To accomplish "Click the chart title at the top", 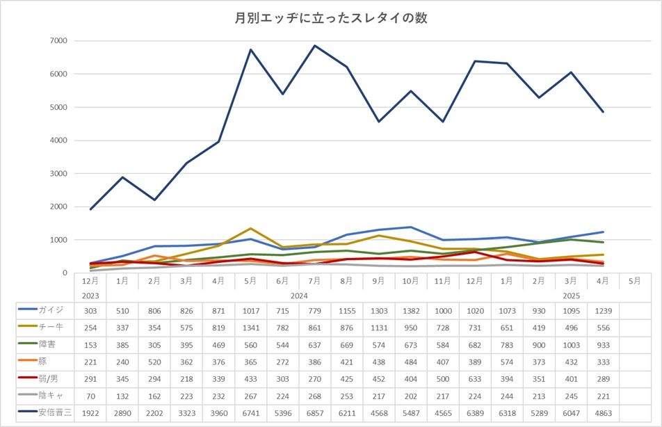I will coord(330,18).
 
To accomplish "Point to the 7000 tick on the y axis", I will coord(58,40).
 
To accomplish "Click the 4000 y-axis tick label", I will coord(58,140).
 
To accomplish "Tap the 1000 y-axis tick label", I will coord(58,240).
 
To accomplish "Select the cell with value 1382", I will coord(410,309).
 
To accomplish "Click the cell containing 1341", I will coord(250,327).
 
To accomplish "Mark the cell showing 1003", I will coord(570,344).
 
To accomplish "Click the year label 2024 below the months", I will coord(299,295).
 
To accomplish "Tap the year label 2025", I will coord(570,295).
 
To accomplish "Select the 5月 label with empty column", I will coord(634,281).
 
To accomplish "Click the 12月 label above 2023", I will coord(90,281).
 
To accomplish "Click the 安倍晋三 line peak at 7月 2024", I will coord(314,46).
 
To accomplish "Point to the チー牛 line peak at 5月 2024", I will coord(250,228).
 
